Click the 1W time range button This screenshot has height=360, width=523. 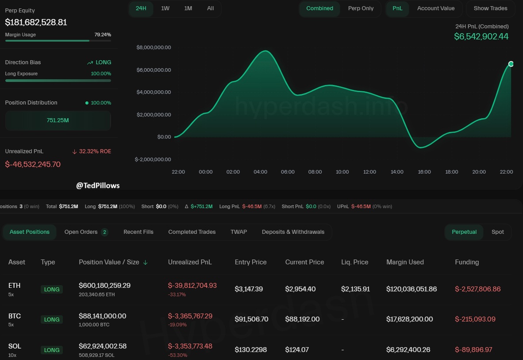coord(165,8)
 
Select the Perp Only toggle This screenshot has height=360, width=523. coord(361,8)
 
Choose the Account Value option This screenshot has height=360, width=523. coord(435,8)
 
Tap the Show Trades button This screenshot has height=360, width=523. coord(490,8)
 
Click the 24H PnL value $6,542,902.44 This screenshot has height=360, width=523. coord(481,37)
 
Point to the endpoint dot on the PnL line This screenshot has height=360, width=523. coord(511,64)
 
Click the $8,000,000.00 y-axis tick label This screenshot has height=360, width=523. coord(154,47)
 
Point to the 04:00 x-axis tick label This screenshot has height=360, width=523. coord(260,172)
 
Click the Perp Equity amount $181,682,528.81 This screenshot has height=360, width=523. coord(36,22)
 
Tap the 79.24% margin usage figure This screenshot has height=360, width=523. coord(103,35)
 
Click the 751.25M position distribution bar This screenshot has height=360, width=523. coord(58,120)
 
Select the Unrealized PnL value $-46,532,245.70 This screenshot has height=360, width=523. coord(33,164)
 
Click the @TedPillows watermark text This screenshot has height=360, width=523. coord(98,186)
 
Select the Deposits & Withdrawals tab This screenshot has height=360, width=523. coord(293,232)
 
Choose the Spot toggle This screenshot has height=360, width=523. coord(497,232)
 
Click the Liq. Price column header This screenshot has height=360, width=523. coord(354,262)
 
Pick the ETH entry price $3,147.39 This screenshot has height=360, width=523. coord(249,289)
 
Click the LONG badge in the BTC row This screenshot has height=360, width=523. coord(52,319)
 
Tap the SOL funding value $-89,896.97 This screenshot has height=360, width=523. coord(473,350)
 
